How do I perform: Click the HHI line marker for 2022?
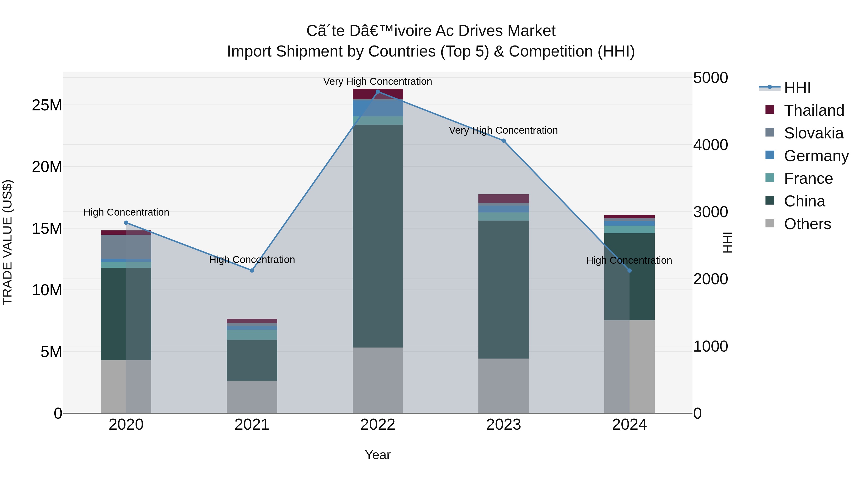coord(378,91)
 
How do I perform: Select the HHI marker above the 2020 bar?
coord(126,223)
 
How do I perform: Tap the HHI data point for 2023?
coord(504,141)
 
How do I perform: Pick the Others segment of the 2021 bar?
coord(252,397)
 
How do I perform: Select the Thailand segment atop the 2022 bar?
coord(378,94)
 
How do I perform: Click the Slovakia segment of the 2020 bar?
coord(126,247)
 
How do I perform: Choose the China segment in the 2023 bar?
coord(504,290)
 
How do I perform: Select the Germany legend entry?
coord(816,156)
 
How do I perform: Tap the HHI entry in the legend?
coord(797,88)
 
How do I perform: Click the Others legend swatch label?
coord(807,224)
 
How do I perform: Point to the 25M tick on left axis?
coord(47,105)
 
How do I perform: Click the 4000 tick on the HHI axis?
coord(710,145)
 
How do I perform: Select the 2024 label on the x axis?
coord(629,425)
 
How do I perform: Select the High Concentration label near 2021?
coord(252,260)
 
